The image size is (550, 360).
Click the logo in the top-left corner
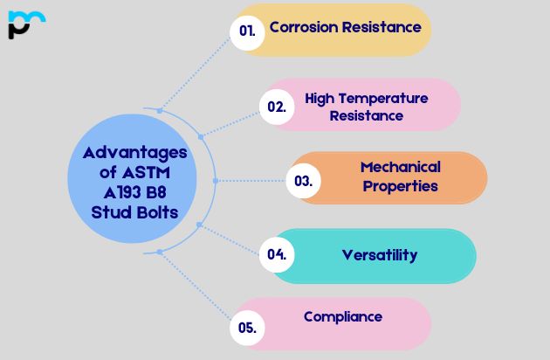25,24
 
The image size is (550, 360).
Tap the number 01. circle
247,31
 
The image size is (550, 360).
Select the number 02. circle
276,107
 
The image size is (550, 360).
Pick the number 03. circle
304,182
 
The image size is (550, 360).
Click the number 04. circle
277,255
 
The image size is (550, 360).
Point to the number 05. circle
247,329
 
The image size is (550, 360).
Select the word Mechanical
401,167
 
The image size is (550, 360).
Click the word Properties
401,185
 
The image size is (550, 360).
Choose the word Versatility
380,255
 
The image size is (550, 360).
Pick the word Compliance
343,316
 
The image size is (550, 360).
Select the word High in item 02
319,98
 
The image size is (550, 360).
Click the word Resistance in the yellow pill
383,27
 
